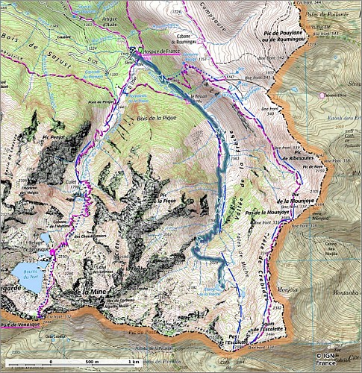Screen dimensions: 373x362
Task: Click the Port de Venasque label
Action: pyautogui.click(x=18, y=325)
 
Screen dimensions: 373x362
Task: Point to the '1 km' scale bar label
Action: pyautogui.click(x=133, y=362)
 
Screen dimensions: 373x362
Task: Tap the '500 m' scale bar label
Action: pyautogui.click(x=92, y=362)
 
